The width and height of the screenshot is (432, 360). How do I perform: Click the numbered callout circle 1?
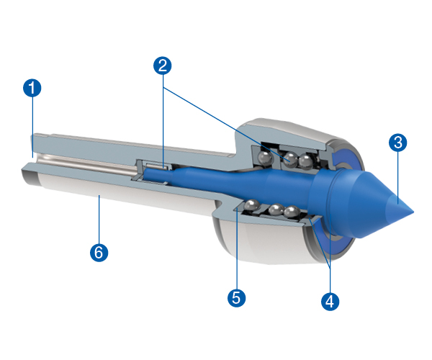tap(32, 89)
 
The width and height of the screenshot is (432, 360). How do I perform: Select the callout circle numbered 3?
tap(397, 142)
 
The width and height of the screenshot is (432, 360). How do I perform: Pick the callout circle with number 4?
tap(329, 300)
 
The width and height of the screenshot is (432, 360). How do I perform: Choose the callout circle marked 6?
tap(99, 252)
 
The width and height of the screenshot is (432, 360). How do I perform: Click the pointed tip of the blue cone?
tap(413, 212)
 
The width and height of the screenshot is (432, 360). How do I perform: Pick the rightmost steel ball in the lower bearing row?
tap(292, 212)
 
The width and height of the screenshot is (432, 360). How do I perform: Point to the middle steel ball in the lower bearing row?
tap(275, 210)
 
